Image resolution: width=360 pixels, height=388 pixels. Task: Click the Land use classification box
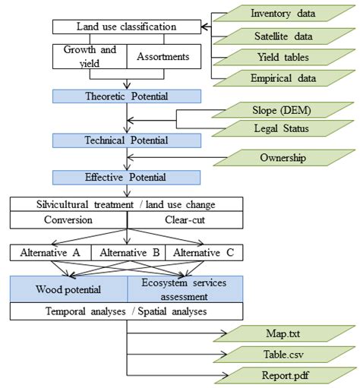[x=126, y=27]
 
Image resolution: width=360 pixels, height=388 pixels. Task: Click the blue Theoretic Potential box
[x=126, y=96]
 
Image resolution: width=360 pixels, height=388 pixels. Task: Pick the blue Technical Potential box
[x=126, y=140]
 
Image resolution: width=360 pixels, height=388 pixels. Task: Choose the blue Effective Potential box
[x=126, y=177]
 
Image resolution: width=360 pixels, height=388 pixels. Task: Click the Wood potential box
[x=68, y=289]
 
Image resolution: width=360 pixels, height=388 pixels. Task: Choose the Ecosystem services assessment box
[x=185, y=289]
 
